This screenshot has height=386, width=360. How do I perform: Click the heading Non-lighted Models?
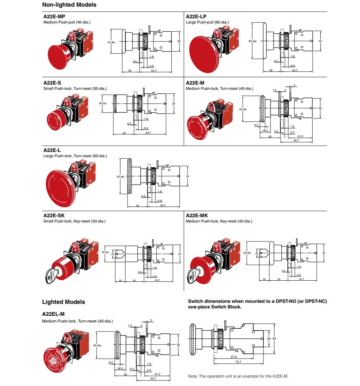69,5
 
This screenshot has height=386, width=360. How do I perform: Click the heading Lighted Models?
64,302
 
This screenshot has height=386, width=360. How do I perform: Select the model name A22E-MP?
54,16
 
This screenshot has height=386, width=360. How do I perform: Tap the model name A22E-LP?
196,16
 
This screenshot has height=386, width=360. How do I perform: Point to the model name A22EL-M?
53,314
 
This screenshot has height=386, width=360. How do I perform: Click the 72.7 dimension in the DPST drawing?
238,362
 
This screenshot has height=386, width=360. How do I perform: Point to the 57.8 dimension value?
233,357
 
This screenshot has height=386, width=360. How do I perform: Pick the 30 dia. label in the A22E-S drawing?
103,104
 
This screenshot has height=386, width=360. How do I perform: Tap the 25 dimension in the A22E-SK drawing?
120,280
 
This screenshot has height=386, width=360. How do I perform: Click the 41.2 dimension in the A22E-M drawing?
300,136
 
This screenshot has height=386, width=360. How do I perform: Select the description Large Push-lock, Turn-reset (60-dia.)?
75,156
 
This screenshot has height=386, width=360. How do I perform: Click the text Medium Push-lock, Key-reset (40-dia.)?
219,221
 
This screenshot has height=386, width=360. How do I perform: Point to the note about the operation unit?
238,376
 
